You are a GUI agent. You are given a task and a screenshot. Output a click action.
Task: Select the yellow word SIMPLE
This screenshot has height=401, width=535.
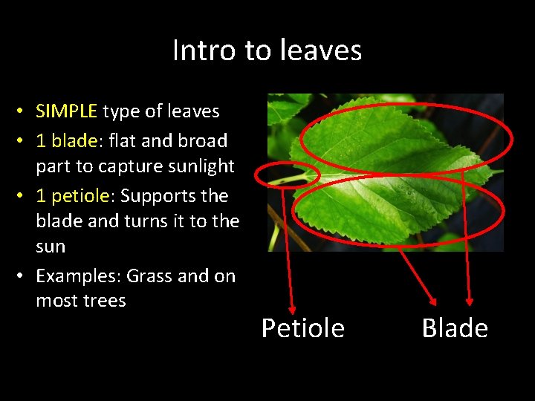[67, 111]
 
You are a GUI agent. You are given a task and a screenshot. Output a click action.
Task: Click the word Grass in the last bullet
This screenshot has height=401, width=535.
[150, 276]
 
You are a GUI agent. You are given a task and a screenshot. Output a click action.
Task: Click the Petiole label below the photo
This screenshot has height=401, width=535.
[302, 328]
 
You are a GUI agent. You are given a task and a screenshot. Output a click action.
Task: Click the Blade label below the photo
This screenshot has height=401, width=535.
[455, 328]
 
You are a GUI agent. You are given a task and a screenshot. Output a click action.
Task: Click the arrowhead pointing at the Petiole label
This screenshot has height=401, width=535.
[291, 309]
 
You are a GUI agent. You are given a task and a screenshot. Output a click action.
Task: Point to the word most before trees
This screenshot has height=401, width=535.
[56, 301]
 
